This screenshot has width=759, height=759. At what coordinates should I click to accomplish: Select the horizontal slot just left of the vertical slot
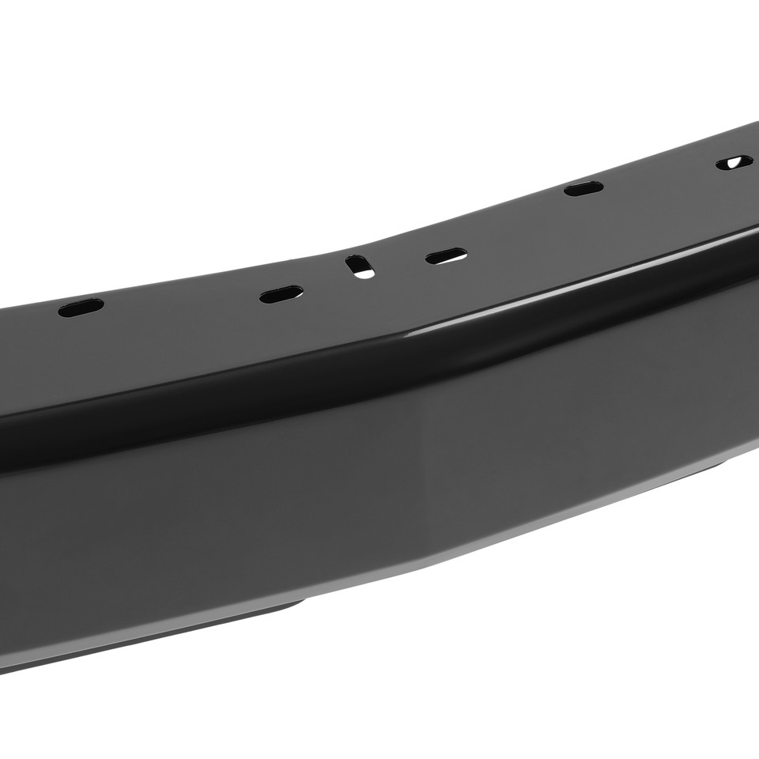click(281, 294)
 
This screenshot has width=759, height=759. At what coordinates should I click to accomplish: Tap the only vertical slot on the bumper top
click(360, 266)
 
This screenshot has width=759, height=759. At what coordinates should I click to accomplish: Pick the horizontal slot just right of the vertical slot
click(445, 256)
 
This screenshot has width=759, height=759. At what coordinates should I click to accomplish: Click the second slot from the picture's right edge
click(583, 188)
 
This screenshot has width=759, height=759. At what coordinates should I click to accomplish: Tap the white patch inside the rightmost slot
click(735, 162)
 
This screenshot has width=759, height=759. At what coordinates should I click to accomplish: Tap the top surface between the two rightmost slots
click(656, 178)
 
